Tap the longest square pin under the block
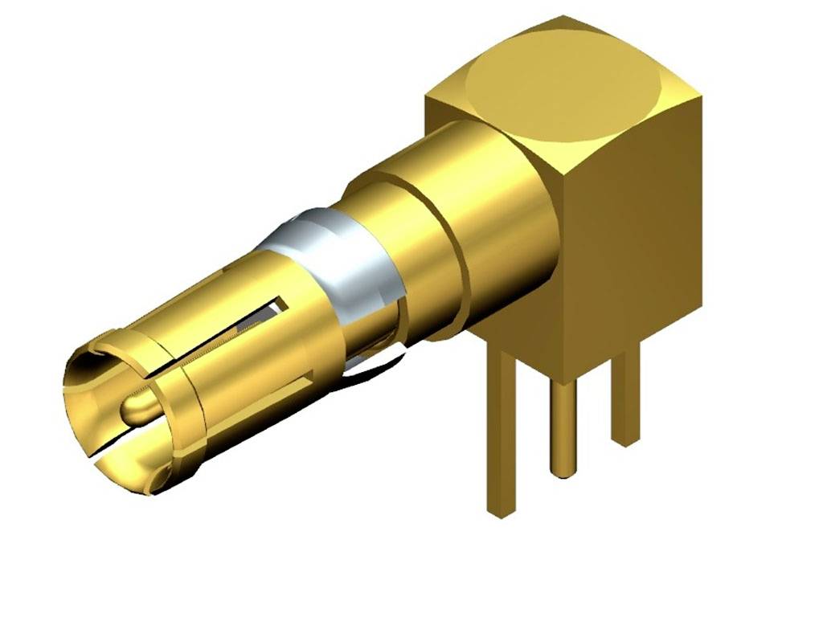(502, 434)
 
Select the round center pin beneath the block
(562, 426)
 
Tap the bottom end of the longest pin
(502, 511)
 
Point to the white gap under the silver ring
(378, 366)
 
